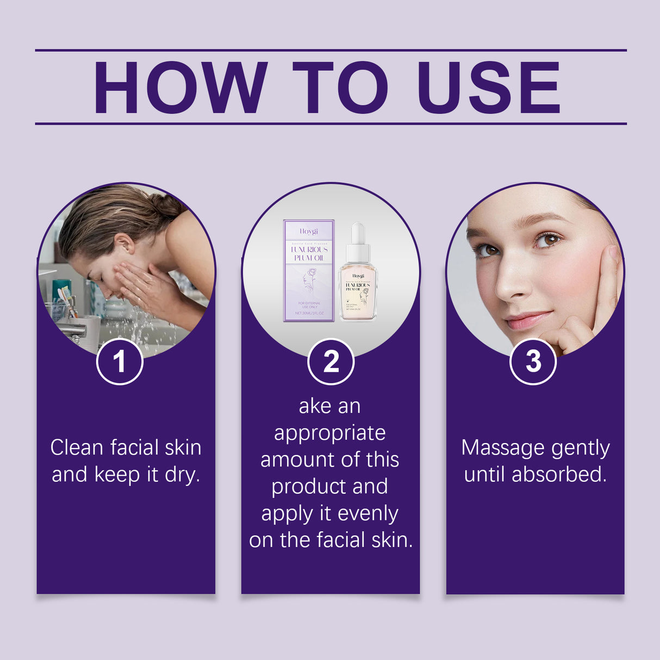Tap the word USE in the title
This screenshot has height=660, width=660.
[x=488, y=88]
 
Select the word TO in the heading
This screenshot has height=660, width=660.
[x=340, y=88]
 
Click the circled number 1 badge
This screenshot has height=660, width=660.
[x=120, y=361]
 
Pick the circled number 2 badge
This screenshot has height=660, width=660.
[x=331, y=361]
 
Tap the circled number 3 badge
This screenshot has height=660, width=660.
[x=533, y=361]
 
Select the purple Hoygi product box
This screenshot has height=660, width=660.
[x=308, y=270]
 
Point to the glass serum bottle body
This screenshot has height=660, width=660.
[x=358, y=291]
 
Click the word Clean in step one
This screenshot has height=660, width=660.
[x=77, y=448]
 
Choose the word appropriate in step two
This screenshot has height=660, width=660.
[x=330, y=433]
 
